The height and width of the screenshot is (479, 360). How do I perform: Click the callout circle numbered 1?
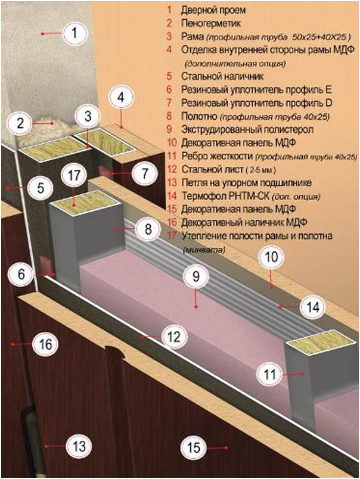click(73, 33)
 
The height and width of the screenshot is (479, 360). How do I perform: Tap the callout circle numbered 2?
click(21, 124)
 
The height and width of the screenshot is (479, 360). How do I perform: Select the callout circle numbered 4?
click(122, 98)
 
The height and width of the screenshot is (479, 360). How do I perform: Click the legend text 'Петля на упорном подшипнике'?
click(238, 182)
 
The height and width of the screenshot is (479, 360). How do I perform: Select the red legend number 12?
click(170, 169)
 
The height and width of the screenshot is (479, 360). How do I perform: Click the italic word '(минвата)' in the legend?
click(204, 248)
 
